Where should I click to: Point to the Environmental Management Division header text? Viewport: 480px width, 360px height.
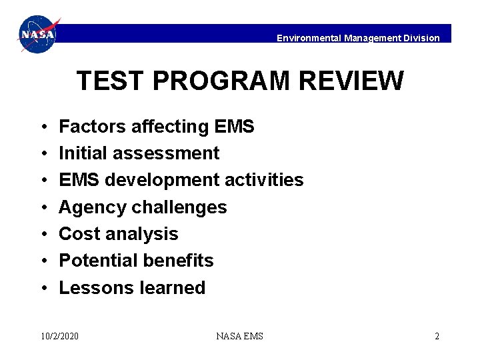pos(358,38)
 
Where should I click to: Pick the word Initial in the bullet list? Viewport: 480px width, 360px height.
pos(79,153)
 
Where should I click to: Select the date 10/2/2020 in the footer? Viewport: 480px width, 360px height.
pos(59,336)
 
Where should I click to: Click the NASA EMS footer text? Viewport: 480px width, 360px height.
pos(239,336)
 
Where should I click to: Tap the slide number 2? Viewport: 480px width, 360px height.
pos(437,336)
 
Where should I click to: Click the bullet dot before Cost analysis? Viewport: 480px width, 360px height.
pos(42,235)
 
